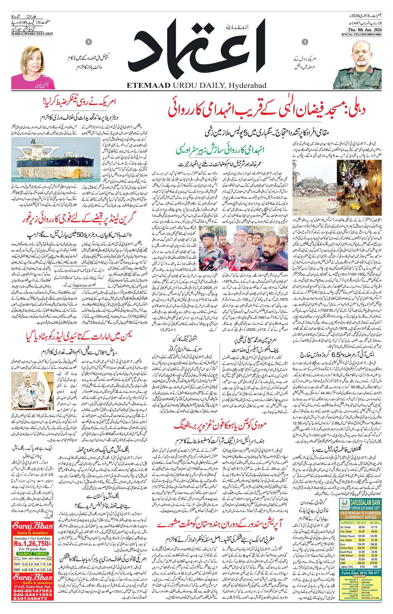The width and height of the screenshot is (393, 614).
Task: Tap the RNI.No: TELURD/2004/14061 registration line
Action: coord(361,34)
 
